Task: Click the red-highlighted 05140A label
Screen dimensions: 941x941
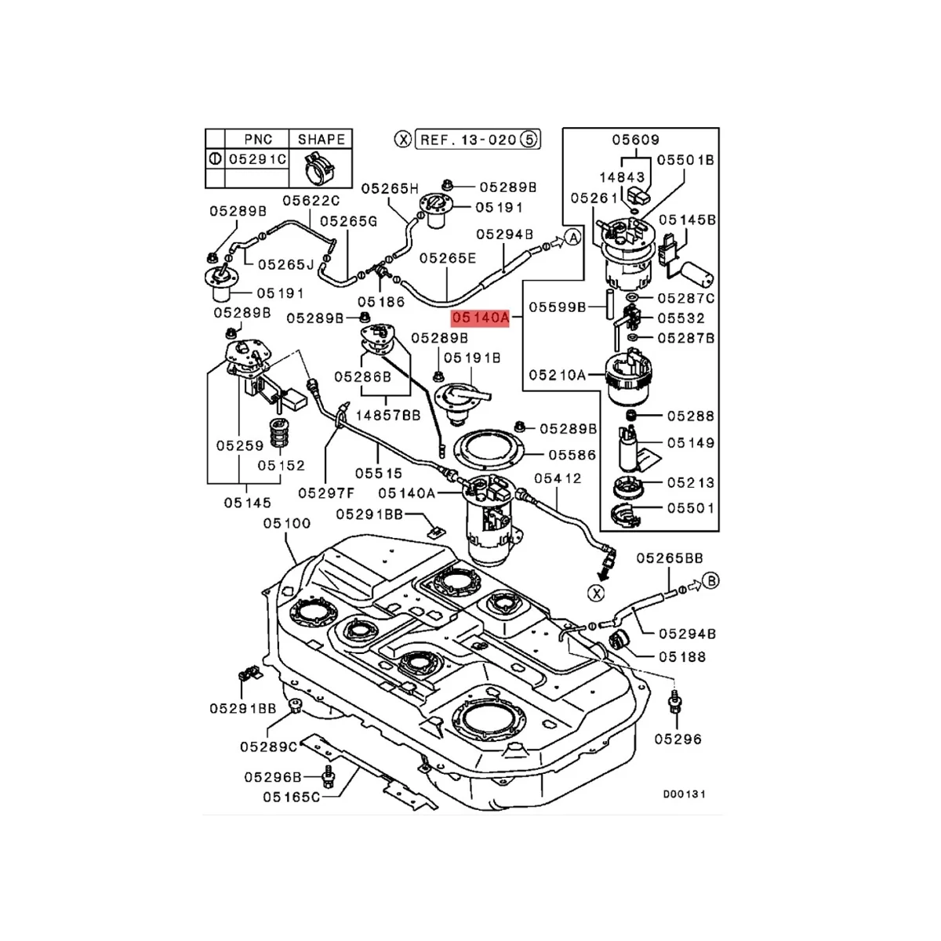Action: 480,318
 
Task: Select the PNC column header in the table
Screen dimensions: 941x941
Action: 257,139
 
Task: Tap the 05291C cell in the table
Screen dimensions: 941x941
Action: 257,158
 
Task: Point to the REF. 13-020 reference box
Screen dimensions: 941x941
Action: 468,140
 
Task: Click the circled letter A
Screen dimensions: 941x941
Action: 572,238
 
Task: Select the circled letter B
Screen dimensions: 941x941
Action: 710,580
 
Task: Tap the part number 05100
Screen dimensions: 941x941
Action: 286,523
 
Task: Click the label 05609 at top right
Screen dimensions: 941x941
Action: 636,140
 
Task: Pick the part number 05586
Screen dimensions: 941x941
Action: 572,455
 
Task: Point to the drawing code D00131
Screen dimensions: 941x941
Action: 684,794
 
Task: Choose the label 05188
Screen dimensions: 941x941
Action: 682,657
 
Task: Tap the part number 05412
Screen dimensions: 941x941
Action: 558,478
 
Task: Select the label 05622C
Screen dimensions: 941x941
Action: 311,200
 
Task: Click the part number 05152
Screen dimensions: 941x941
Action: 282,466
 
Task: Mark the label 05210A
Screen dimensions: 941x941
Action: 558,375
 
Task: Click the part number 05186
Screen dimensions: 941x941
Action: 381,301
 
